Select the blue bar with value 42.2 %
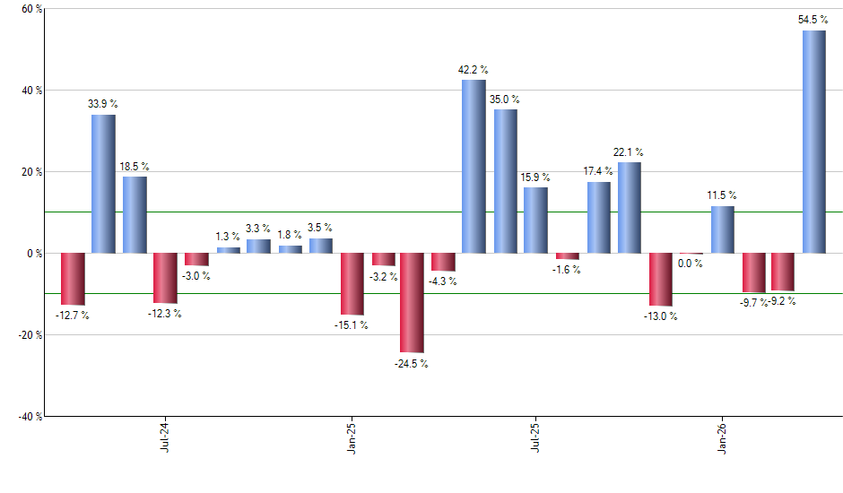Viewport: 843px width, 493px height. click(x=474, y=167)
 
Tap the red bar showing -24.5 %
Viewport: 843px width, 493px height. click(x=412, y=302)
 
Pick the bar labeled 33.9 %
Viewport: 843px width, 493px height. click(x=103, y=184)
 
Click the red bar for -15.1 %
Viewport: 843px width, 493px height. click(x=352, y=283)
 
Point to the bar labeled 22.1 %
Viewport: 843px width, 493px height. click(x=630, y=208)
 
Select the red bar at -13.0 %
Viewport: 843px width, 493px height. click(x=661, y=279)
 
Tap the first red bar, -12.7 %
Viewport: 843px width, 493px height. click(x=73, y=279)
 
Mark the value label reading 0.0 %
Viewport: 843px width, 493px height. click(x=691, y=264)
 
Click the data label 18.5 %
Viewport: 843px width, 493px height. click(x=135, y=167)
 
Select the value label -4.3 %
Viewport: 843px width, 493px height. click(x=443, y=281)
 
